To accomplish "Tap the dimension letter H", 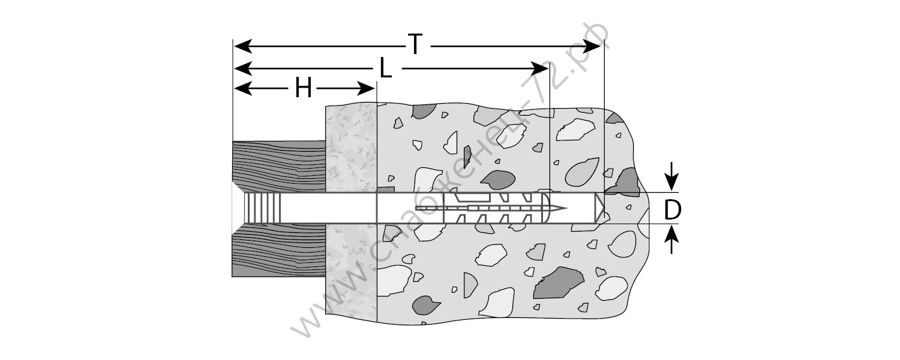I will coord(304,90).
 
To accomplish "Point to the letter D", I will coord(673,209).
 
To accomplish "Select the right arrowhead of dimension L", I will coord(539,68).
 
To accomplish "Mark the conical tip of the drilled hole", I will coord(599,208).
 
